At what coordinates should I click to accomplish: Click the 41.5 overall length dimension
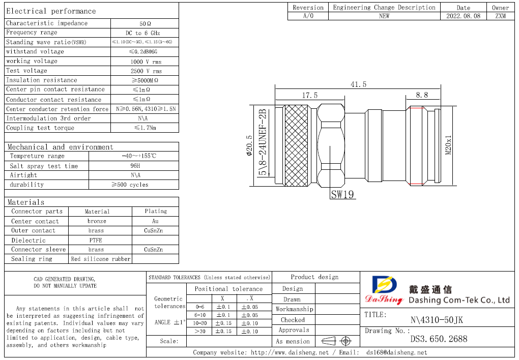[358, 84]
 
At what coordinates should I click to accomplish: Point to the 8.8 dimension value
[422, 95]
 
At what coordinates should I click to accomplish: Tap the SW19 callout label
[342, 194]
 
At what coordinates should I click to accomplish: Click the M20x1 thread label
[448, 145]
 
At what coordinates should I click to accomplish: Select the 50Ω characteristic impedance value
[145, 23]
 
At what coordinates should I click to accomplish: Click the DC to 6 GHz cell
[145, 33]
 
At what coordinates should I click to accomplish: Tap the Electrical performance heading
[51, 11]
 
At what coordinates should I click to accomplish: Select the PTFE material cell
[96, 240]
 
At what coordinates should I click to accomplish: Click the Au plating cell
[155, 221]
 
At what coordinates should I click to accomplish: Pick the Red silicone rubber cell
[101, 259]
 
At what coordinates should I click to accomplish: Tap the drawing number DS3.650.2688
[438, 339]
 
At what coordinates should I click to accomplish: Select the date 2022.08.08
[463, 16]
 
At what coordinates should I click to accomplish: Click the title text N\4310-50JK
[437, 320]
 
